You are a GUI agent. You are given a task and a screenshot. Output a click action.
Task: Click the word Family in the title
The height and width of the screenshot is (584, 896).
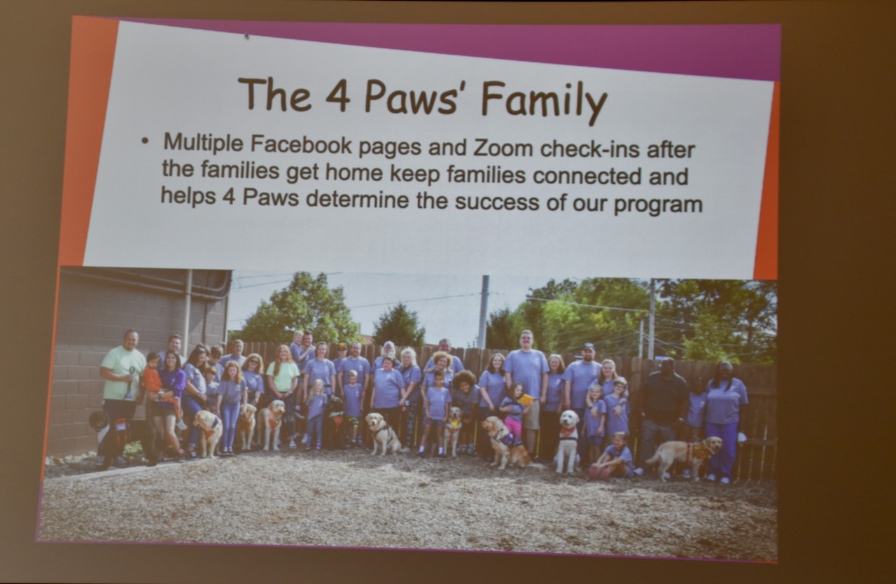545,102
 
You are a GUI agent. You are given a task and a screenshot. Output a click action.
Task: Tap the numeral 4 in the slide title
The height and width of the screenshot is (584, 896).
337,96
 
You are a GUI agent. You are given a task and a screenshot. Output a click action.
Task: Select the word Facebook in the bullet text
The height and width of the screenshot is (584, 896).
301,144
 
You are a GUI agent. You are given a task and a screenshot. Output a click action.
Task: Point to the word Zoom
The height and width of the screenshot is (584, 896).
503,148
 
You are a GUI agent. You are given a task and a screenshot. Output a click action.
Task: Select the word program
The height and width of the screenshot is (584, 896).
657,204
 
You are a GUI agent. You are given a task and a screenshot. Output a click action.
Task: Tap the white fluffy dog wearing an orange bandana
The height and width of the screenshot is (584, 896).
568,439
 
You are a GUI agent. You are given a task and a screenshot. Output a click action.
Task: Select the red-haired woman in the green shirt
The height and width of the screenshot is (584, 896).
283,392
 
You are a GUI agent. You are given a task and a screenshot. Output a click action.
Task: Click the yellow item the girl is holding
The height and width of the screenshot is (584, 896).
526,399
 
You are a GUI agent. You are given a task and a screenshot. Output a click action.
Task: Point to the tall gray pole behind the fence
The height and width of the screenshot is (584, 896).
484,312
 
